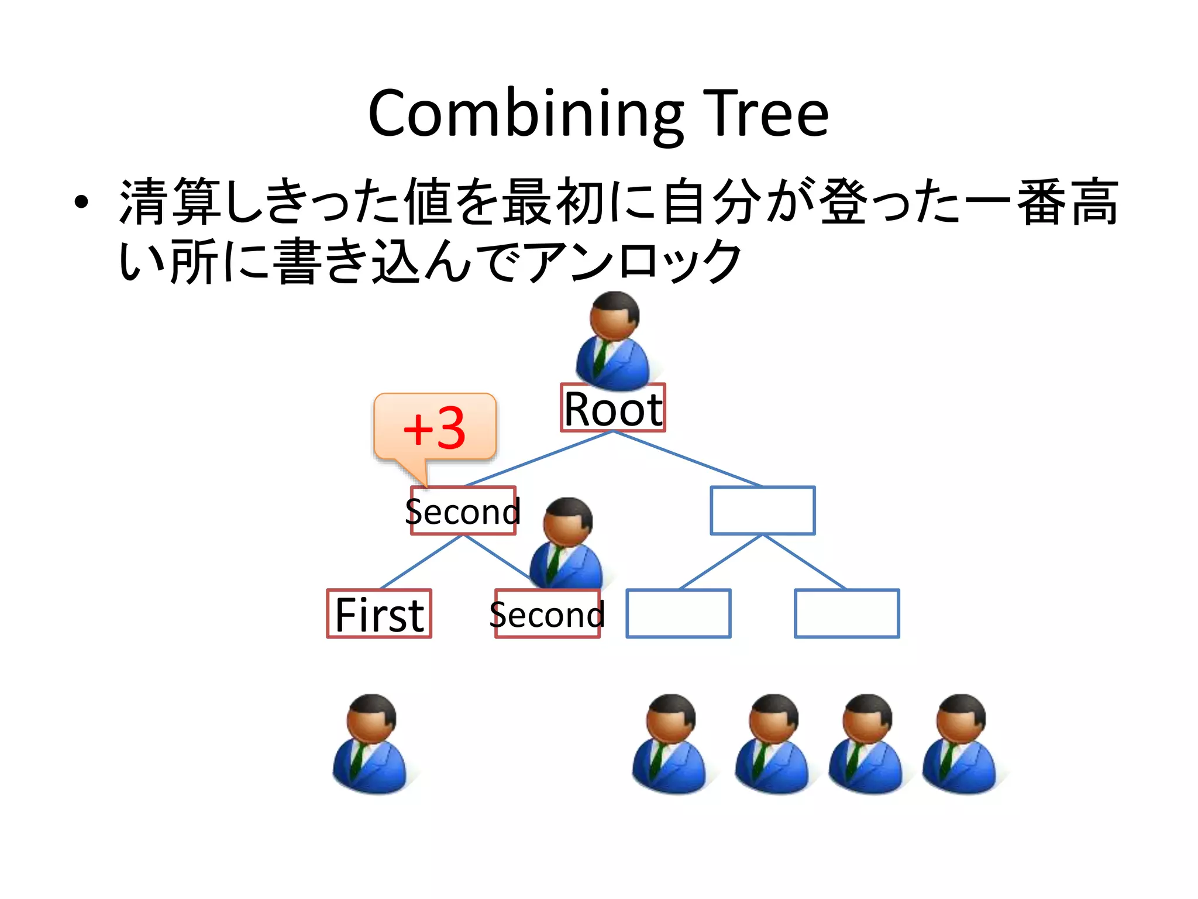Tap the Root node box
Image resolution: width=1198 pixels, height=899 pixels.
pos(612,408)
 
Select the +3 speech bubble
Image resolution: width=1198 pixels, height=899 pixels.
pos(435,427)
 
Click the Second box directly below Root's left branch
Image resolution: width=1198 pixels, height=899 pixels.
pos(463,510)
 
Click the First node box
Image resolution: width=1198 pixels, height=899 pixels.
pos(379,613)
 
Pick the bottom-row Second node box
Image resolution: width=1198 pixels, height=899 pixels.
pos(547,613)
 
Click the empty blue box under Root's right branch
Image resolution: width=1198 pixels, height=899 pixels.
pos(762,510)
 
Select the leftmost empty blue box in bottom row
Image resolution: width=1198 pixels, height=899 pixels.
pos(678,613)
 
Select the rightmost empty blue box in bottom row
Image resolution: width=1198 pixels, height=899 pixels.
pos(846,613)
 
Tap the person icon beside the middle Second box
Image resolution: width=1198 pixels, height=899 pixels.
pos(566,544)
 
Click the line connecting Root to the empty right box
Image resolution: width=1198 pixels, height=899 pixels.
pos(687,459)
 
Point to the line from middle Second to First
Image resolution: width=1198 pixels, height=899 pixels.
pos(421,562)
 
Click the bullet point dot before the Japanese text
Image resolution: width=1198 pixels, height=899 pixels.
pos(81,203)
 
